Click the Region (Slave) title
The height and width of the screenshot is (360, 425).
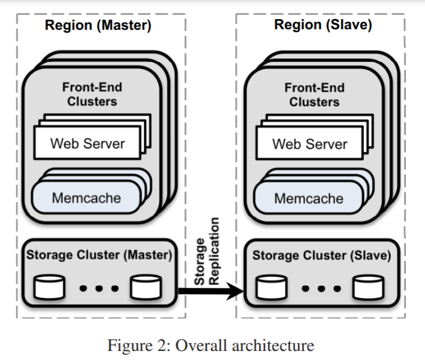322,25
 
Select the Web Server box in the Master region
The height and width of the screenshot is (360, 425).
88,143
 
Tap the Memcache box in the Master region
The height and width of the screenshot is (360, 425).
86,198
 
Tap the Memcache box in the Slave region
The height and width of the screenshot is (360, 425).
308,198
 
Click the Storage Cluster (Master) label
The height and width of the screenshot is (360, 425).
98,255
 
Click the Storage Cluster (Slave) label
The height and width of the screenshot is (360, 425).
321,256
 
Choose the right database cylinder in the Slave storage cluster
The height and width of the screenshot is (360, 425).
368,288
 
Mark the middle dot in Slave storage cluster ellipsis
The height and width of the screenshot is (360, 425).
318,289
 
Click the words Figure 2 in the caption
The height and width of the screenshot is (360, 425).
134,343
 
